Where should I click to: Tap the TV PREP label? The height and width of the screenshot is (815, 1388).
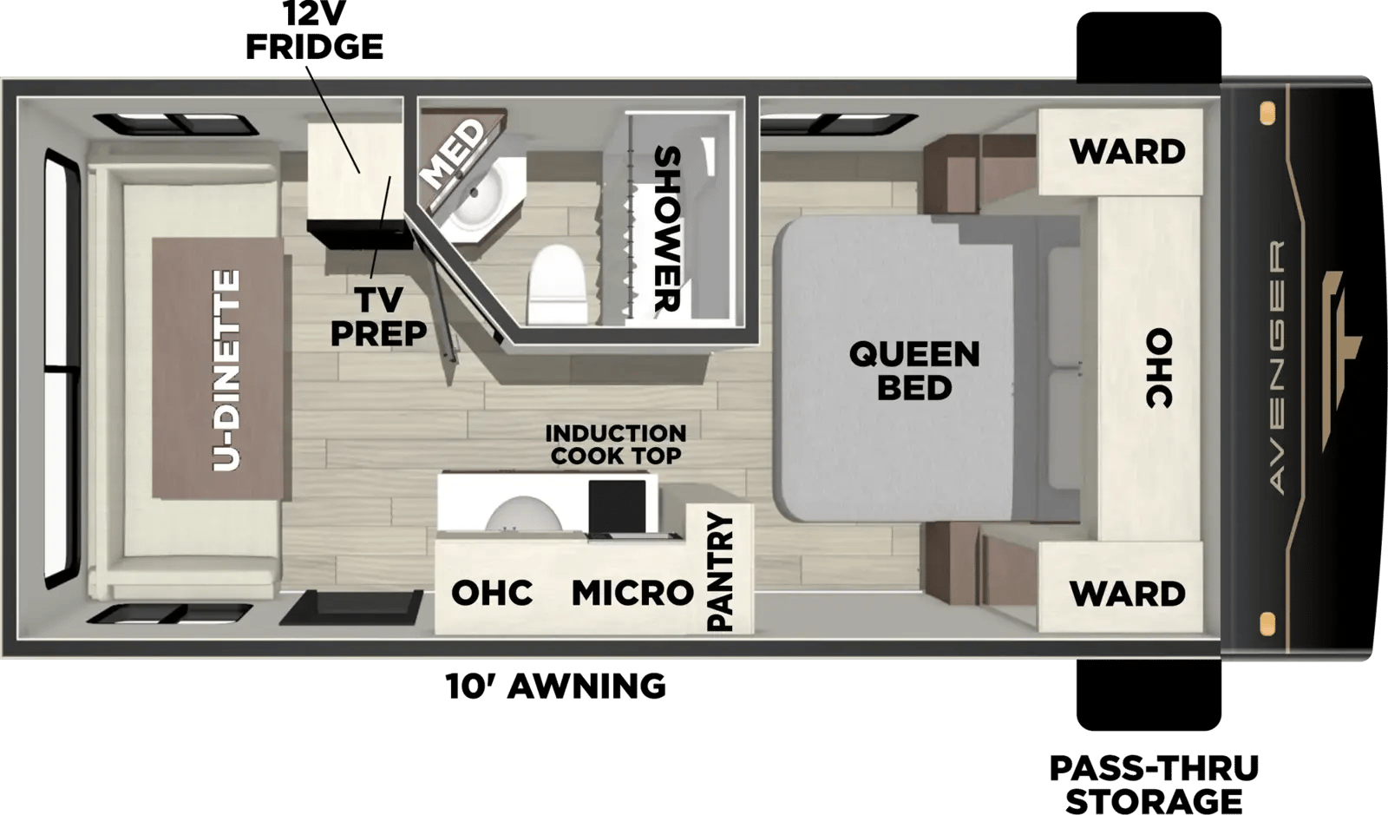(378, 317)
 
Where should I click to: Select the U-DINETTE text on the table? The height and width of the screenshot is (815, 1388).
(226, 370)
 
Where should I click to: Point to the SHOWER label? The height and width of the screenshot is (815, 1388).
(668, 228)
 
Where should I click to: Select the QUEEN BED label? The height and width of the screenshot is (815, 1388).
(914, 371)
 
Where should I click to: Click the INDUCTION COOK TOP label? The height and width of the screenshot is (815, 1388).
(615, 444)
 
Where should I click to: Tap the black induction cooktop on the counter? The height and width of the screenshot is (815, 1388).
(617, 506)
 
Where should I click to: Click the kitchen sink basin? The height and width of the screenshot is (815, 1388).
(524, 514)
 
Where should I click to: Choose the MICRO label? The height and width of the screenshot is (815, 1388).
(632, 593)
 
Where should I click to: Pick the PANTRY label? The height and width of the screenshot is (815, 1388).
(720, 572)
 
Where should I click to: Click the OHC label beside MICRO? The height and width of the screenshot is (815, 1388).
(492, 593)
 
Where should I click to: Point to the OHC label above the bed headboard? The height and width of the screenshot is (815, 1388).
(1159, 368)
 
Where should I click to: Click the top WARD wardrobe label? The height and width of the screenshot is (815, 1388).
(1127, 152)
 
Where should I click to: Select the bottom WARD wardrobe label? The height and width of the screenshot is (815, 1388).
(1127, 594)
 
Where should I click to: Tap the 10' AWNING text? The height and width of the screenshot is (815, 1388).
(556, 686)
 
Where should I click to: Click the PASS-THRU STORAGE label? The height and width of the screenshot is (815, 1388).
(1154, 784)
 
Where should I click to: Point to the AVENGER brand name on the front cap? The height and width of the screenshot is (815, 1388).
(1276, 367)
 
